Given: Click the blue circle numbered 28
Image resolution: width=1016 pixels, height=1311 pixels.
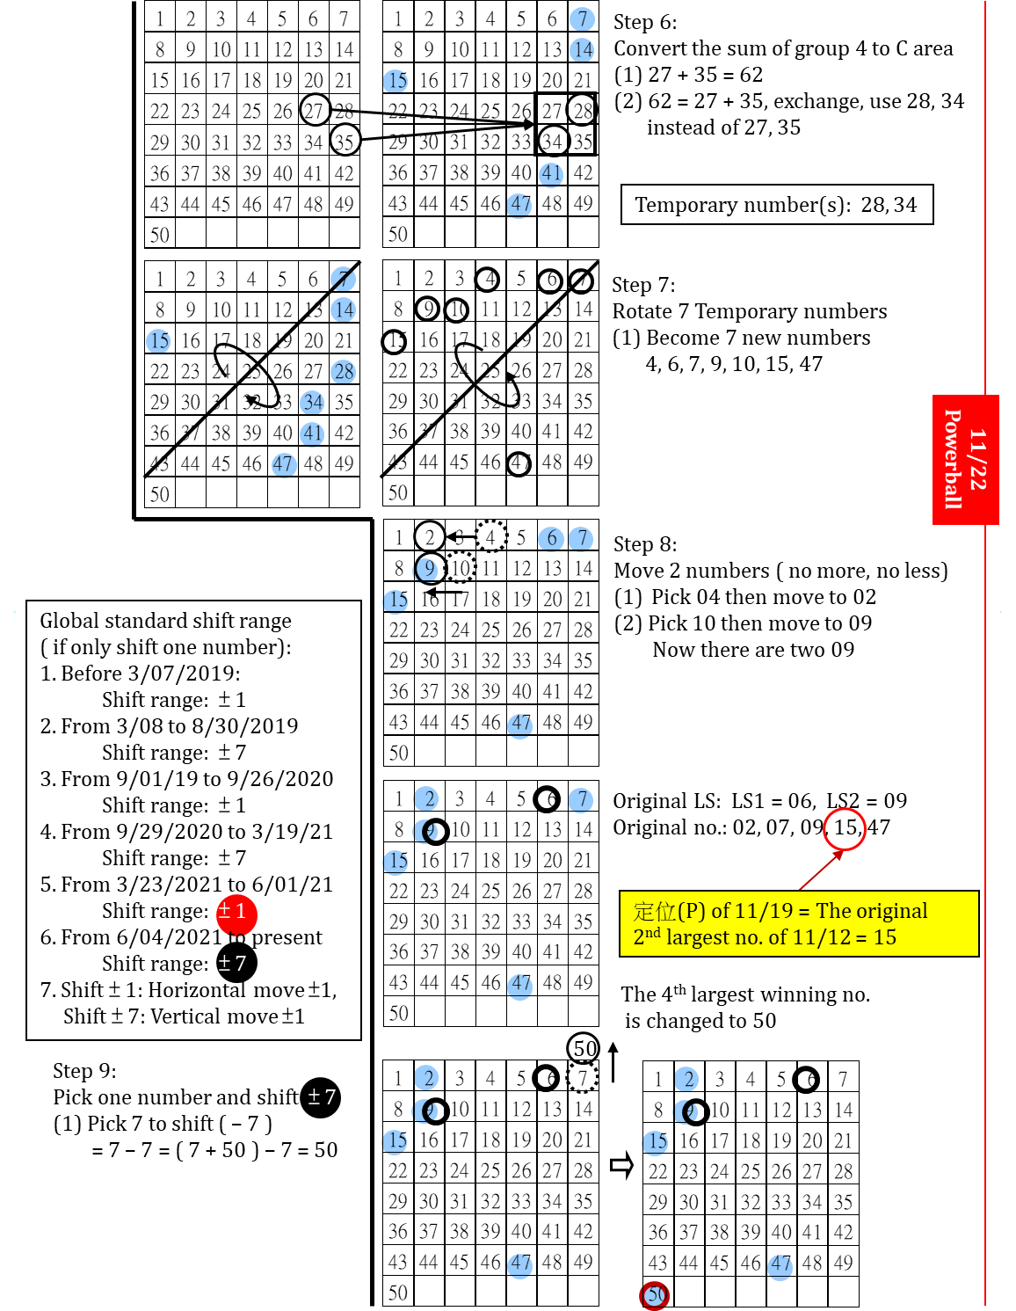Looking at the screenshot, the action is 344,372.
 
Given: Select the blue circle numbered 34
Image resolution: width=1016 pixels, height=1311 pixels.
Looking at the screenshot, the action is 312,403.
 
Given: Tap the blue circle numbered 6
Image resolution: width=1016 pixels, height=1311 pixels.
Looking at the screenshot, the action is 551,538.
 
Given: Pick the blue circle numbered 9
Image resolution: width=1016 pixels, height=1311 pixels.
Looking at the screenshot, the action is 426,570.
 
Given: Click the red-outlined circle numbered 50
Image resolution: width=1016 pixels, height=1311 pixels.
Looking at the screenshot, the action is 655,1295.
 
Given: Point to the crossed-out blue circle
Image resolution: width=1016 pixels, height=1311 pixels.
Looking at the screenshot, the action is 343,279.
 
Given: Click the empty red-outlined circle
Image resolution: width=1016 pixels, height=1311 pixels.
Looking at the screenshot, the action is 845,829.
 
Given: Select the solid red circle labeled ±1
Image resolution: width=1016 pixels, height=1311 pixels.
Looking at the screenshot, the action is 236,914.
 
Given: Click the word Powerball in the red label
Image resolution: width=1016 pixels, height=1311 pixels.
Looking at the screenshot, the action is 954,459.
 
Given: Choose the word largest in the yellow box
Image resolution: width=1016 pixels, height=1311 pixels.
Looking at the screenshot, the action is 698,937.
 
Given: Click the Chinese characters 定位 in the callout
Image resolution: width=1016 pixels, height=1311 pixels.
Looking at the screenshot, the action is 654,911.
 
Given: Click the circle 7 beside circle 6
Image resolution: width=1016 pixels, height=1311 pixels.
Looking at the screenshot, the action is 581,538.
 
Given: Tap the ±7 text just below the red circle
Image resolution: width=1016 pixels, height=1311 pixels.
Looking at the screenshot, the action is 232,964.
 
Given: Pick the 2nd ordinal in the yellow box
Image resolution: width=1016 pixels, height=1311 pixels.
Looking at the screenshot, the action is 647,936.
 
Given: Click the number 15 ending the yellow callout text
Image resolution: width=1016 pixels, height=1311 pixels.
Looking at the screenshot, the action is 885,937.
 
